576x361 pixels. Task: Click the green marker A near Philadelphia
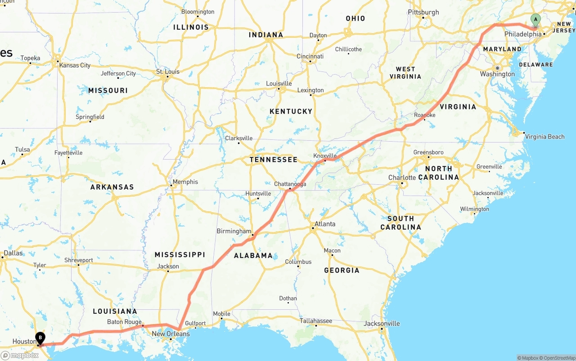coord(535,19)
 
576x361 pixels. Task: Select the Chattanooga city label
coord(290,184)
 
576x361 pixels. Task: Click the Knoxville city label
coord(325,156)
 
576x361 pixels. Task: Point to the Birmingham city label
coord(234,231)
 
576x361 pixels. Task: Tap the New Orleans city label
coord(171,334)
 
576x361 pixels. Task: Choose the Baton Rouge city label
coord(124,322)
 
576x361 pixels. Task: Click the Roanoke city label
coord(424,115)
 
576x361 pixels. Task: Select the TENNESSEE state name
coord(273,160)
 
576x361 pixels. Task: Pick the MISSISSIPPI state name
coord(180,254)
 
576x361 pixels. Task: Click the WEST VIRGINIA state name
coord(405,73)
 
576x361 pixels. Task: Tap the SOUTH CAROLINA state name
coord(400,223)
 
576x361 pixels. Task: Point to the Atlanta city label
coord(325,224)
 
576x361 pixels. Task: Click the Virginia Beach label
coord(544,137)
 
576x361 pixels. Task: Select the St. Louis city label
coord(167,71)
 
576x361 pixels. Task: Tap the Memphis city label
coord(185,182)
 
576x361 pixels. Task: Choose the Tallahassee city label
coord(316,321)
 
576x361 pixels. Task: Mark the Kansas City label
coord(75,65)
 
